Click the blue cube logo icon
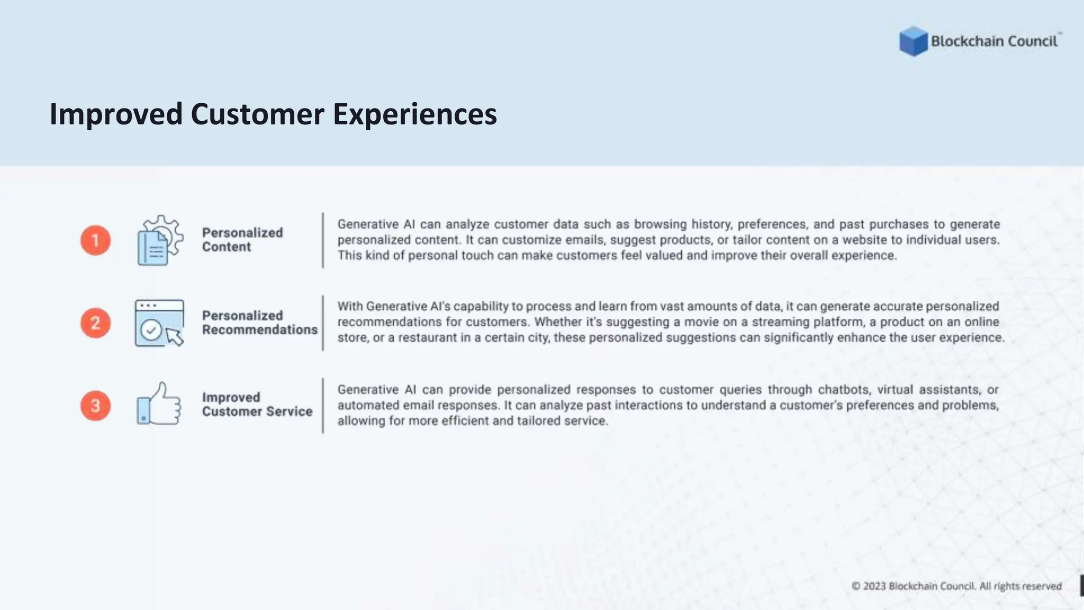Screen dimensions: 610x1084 coord(913,41)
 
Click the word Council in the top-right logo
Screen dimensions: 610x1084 coord(1032,41)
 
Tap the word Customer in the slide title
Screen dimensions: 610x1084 coord(257,114)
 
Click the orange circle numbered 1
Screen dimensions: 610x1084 coord(96,240)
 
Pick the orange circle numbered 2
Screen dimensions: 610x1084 coord(96,323)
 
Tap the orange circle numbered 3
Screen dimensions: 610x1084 coord(96,406)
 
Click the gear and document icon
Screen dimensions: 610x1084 coord(159,240)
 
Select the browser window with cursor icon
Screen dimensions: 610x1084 coord(159,323)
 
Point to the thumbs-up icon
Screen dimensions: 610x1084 coord(159,405)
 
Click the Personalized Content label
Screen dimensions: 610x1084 coord(242,240)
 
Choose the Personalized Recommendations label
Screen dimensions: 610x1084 coord(259,322)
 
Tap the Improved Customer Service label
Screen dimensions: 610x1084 coord(257,405)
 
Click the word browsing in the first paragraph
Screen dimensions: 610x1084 coord(660,225)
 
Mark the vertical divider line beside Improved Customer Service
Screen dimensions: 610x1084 coord(323,406)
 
